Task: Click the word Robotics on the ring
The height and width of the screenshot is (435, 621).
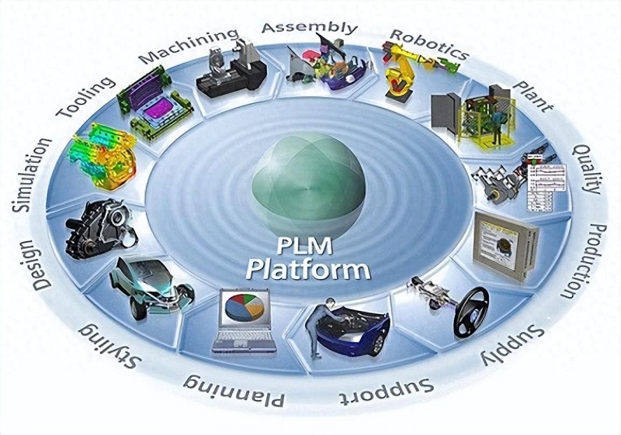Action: (x=429, y=45)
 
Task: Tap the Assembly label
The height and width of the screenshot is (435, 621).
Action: (x=309, y=27)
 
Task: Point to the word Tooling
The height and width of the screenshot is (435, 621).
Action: (x=87, y=98)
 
